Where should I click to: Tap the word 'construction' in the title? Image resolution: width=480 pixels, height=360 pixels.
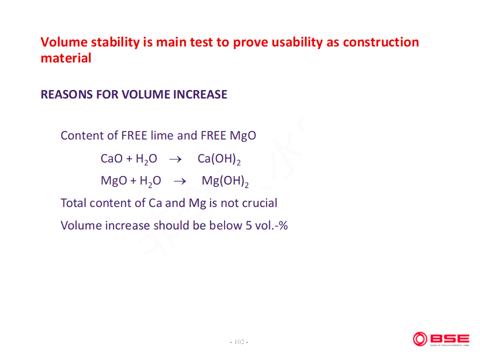[x=381, y=42]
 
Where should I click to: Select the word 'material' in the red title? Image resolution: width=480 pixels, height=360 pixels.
[x=66, y=58]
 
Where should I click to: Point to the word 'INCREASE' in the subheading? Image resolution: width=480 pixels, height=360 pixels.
[x=200, y=94]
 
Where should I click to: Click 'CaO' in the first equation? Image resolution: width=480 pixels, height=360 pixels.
[x=111, y=158]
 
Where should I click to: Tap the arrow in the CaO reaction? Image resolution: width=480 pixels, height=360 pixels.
[x=175, y=159]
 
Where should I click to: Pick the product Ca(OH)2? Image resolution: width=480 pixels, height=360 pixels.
[x=219, y=159]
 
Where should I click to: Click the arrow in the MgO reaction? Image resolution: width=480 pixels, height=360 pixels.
[x=180, y=181]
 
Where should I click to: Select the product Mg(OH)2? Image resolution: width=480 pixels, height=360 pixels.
[x=225, y=181]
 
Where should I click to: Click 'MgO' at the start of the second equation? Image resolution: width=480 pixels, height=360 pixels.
[x=114, y=181]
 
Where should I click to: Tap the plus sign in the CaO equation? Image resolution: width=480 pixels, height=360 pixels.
[x=129, y=159]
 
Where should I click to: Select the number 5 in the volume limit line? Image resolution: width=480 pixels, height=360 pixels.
[x=249, y=226]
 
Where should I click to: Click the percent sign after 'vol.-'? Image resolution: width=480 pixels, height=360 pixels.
[x=283, y=226]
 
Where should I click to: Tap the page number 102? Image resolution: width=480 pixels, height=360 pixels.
[x=239, y=342]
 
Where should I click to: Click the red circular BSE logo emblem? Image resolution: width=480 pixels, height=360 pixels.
[x=420, y=339]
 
